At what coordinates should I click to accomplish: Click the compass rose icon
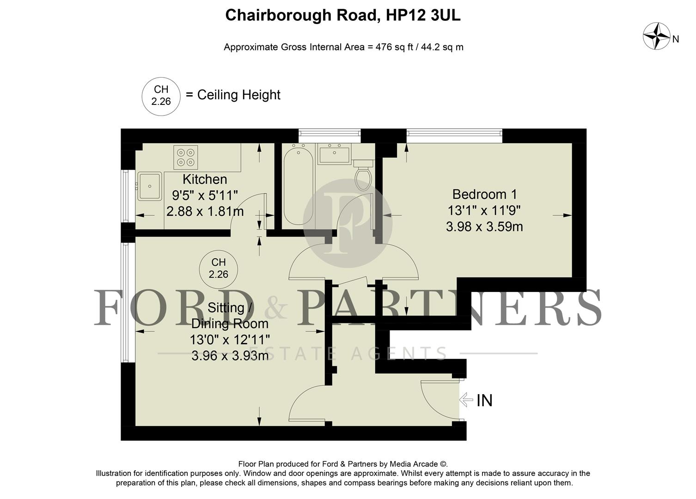656,36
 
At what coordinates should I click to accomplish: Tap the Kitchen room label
205,179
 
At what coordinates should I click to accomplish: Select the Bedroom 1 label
484,194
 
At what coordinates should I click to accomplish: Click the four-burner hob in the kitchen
186,157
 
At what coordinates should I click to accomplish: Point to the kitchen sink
150,186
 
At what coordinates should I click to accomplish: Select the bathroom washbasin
334,153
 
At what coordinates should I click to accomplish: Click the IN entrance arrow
466,399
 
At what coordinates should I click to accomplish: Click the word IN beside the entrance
484,400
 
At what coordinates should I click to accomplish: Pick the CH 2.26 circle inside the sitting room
218,268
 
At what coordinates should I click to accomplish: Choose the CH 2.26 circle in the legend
161,96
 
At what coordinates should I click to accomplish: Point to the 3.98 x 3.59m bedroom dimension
484,227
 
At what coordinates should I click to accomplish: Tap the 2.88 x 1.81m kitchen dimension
205,212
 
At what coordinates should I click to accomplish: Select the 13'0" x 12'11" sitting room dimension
229,340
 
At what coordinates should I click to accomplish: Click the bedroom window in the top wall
454,134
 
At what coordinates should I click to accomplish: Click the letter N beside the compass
676,39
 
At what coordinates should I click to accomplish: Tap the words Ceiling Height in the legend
239,95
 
